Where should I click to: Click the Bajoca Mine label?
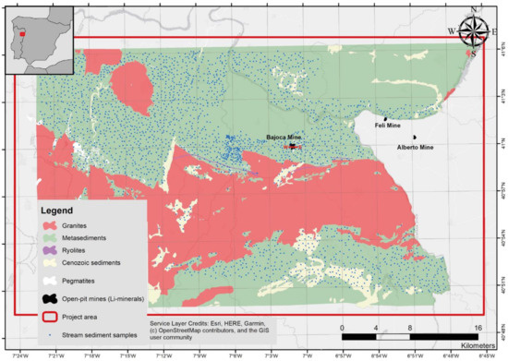pos(284,137)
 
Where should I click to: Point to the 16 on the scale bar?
pos(477,328)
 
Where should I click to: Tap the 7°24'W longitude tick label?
pos(18,353)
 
